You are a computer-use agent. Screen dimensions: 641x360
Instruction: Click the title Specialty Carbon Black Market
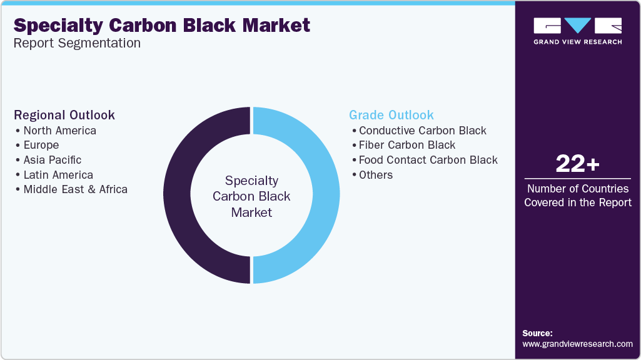[x=162, y=26]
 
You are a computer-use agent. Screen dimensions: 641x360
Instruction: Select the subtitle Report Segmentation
[x=77, y=43]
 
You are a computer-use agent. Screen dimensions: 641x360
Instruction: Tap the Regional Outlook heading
[x=64, y=115]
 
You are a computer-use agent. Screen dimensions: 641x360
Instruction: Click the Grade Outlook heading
[x=391, y=115]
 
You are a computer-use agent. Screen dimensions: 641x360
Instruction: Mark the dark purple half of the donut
[x=177, y=196]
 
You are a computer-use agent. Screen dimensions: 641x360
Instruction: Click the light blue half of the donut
[x=326, y=196]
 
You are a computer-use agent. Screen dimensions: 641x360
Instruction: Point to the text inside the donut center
[x=251, y=196]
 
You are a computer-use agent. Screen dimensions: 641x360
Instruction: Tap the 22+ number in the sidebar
[x=578, y=164]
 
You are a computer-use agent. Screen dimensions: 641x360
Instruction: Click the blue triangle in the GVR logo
[x=578, y=24]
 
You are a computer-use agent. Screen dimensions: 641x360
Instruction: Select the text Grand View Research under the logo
[x=578, y=42]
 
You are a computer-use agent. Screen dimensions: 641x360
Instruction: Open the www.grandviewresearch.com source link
[x=577, y=344]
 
